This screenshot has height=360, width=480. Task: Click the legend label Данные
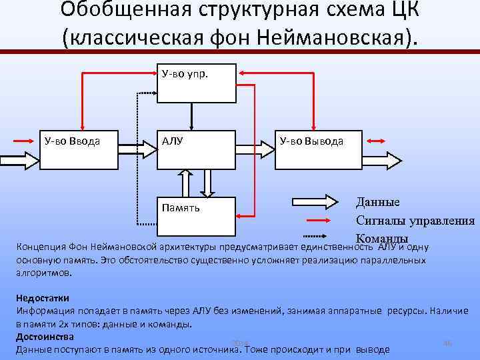point(377,203)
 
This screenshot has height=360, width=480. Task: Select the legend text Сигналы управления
point(415,221)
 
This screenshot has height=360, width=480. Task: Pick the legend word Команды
point(382,238)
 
